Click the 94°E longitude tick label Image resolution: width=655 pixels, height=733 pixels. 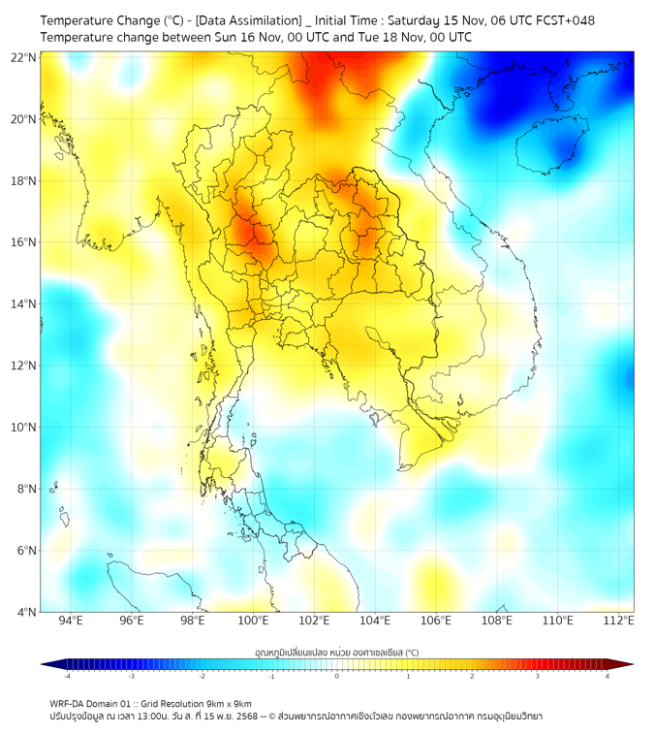coord(71,621)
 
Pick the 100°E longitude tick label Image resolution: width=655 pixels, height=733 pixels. coord(254,621)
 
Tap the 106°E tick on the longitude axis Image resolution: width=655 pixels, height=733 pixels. coord(436,621)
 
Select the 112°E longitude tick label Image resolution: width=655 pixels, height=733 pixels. coord(618,621)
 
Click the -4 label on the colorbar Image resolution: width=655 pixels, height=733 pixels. coord(67,676)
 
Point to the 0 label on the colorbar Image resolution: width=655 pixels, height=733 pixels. coord(337,676)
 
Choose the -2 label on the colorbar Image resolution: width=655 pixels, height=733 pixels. coord(202,676)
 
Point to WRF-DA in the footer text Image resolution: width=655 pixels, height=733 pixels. coord(69,703)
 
